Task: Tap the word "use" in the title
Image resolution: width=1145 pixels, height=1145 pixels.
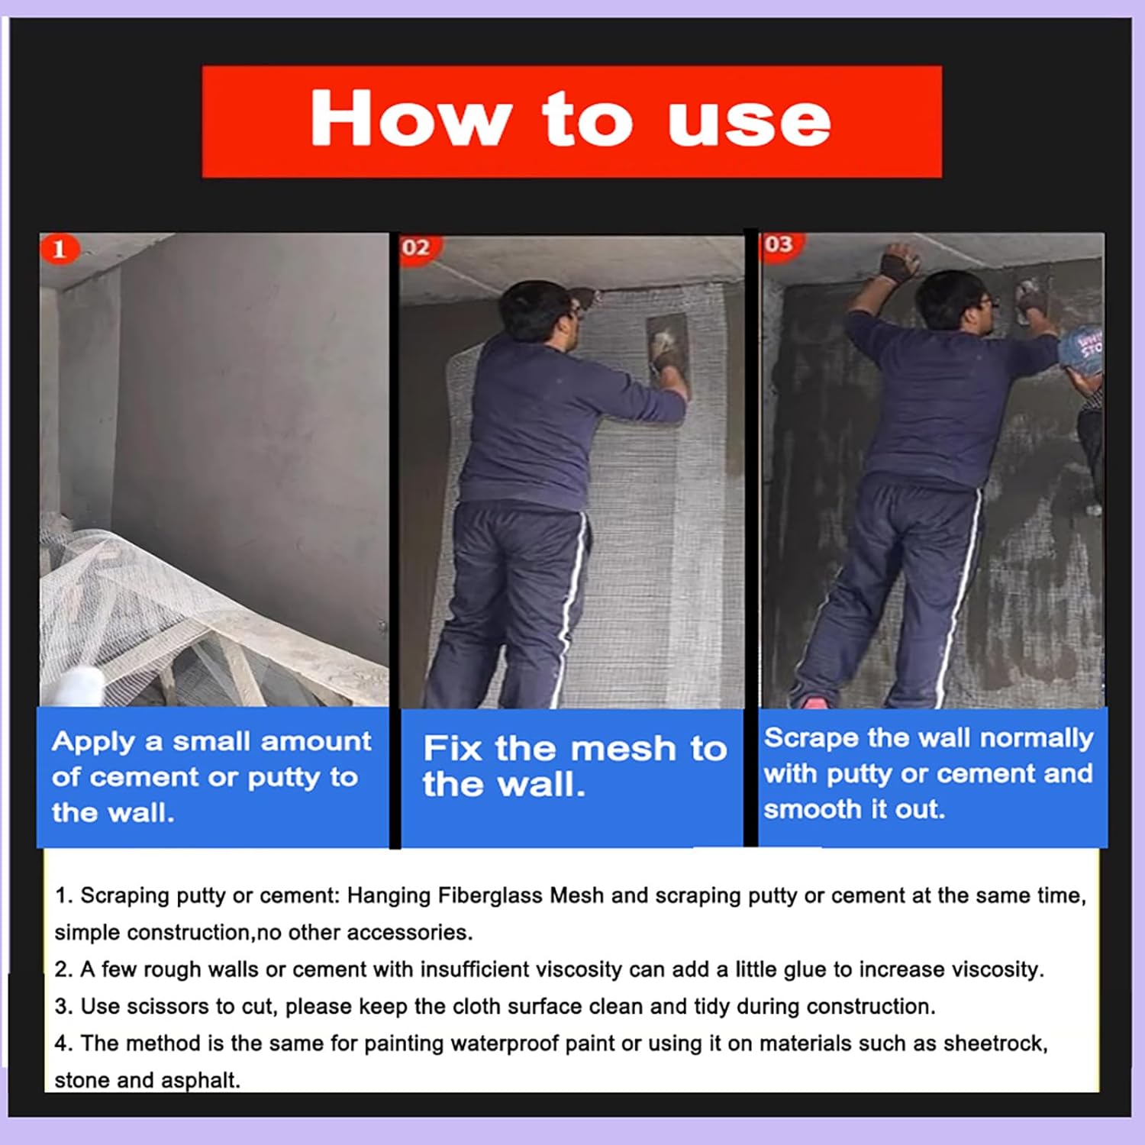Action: click(749, 122)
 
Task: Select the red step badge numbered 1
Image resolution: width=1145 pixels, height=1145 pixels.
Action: click(60, 249)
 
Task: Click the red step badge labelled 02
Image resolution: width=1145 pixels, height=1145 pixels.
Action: click(416, 247)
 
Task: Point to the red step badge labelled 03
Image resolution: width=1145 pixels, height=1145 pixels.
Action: click(778, 244)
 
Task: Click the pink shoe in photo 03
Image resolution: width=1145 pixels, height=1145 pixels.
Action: click(811, 701)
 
